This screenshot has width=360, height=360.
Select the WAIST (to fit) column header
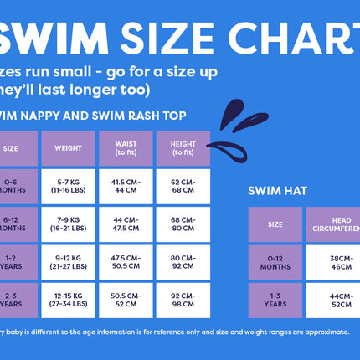coord(126,148)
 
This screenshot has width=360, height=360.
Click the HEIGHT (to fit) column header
coord(183,148)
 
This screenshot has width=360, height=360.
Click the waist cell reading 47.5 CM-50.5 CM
coord(126,262)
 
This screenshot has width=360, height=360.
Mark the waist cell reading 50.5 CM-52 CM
coord(126,300)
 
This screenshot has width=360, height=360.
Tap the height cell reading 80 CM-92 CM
coord(183,262)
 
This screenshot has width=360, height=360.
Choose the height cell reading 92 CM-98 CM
coord(183,300)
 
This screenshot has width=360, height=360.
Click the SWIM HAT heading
coord(278,190)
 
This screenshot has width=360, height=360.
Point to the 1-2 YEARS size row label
coord(12,262)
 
